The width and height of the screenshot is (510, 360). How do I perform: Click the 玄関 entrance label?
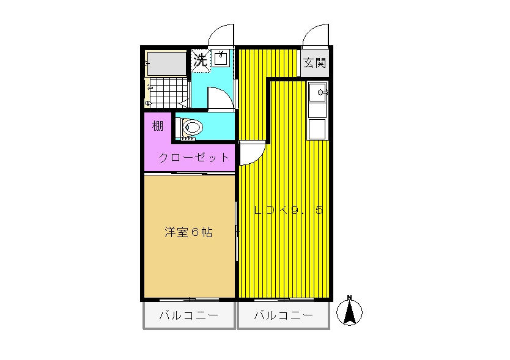click(x=314, y=63)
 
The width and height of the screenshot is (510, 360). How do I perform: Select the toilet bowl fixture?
click(x=191, y=127)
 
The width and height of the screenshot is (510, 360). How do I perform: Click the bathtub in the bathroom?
click(x=167, y=64)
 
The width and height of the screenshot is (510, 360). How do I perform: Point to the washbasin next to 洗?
click(x=221, y=58)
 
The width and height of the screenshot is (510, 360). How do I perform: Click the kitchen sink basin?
click(x=317, y=92)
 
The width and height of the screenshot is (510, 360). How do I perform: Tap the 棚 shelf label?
click(x=157, y=125)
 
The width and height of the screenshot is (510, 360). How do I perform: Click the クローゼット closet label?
click(x=194, y=158)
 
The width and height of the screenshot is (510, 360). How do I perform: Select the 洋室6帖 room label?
click(x=188, y=232)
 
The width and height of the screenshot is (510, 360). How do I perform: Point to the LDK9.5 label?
click(x=289, y=210)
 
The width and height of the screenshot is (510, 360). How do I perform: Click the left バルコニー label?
click(x=188, y=315)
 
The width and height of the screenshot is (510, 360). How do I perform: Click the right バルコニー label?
click(x=283, y=315)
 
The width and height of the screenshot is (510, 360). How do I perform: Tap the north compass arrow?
click(x=349, y=313)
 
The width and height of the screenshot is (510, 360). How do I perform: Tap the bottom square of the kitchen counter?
click(x=317, y=129)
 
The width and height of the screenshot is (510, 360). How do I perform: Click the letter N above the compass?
click(x=349, y=297)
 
